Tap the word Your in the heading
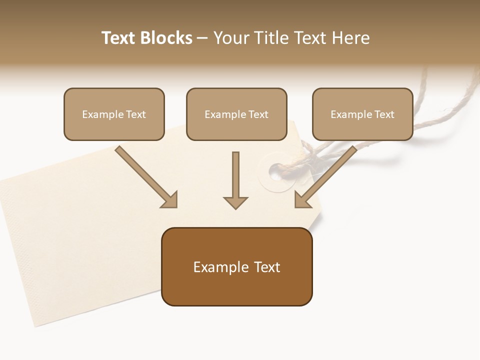(229, 38)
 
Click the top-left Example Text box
(114, 114)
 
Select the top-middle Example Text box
(236, 114)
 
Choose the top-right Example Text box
(362, 114)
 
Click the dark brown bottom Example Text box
(236, 266)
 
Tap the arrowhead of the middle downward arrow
(235, 202)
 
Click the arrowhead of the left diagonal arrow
(170, 200)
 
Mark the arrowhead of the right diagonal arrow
(302, 199)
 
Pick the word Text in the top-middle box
(258, 114)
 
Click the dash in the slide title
(202, 38)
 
